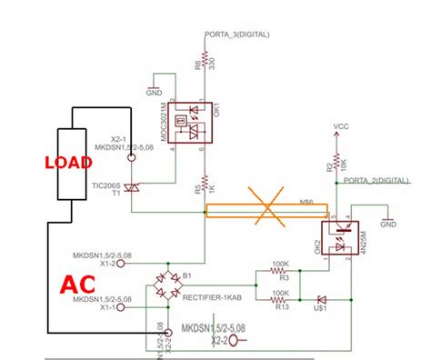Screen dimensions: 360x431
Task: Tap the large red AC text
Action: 80,285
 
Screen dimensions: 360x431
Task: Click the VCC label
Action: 342,126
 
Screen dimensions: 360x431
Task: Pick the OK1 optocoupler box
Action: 194,120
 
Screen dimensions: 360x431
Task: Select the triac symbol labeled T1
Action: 133,189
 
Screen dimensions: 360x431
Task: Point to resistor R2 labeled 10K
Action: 336,161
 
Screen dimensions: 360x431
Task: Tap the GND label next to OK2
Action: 388,223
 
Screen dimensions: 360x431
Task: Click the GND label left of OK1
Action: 154,91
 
